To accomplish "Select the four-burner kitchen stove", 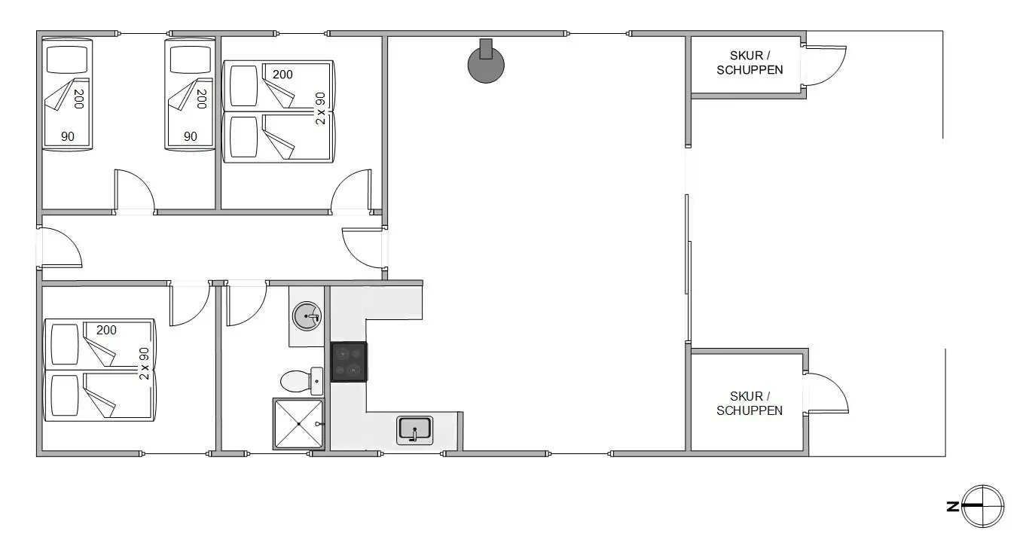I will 349,362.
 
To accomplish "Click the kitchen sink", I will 414,429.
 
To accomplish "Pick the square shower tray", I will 298,424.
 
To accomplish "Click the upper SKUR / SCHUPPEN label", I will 749,63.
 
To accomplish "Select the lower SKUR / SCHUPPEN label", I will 749,404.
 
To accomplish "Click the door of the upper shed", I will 825,66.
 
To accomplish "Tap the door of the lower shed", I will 826,392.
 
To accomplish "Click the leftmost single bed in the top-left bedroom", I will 66,94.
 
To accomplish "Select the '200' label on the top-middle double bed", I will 282,75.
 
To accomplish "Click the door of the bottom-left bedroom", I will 188,303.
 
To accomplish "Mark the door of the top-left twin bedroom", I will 134,191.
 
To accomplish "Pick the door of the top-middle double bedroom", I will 351,191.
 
